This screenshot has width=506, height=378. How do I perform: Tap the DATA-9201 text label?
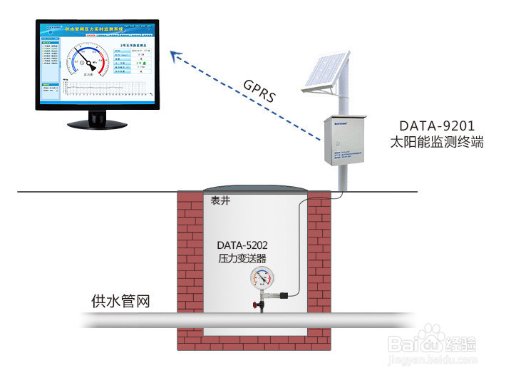coord(437,125)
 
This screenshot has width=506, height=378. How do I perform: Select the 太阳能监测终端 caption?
coord(437,142)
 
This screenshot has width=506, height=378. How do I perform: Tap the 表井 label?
coord(220,200)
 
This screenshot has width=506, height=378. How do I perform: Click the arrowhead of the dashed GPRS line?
coord(174,53)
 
